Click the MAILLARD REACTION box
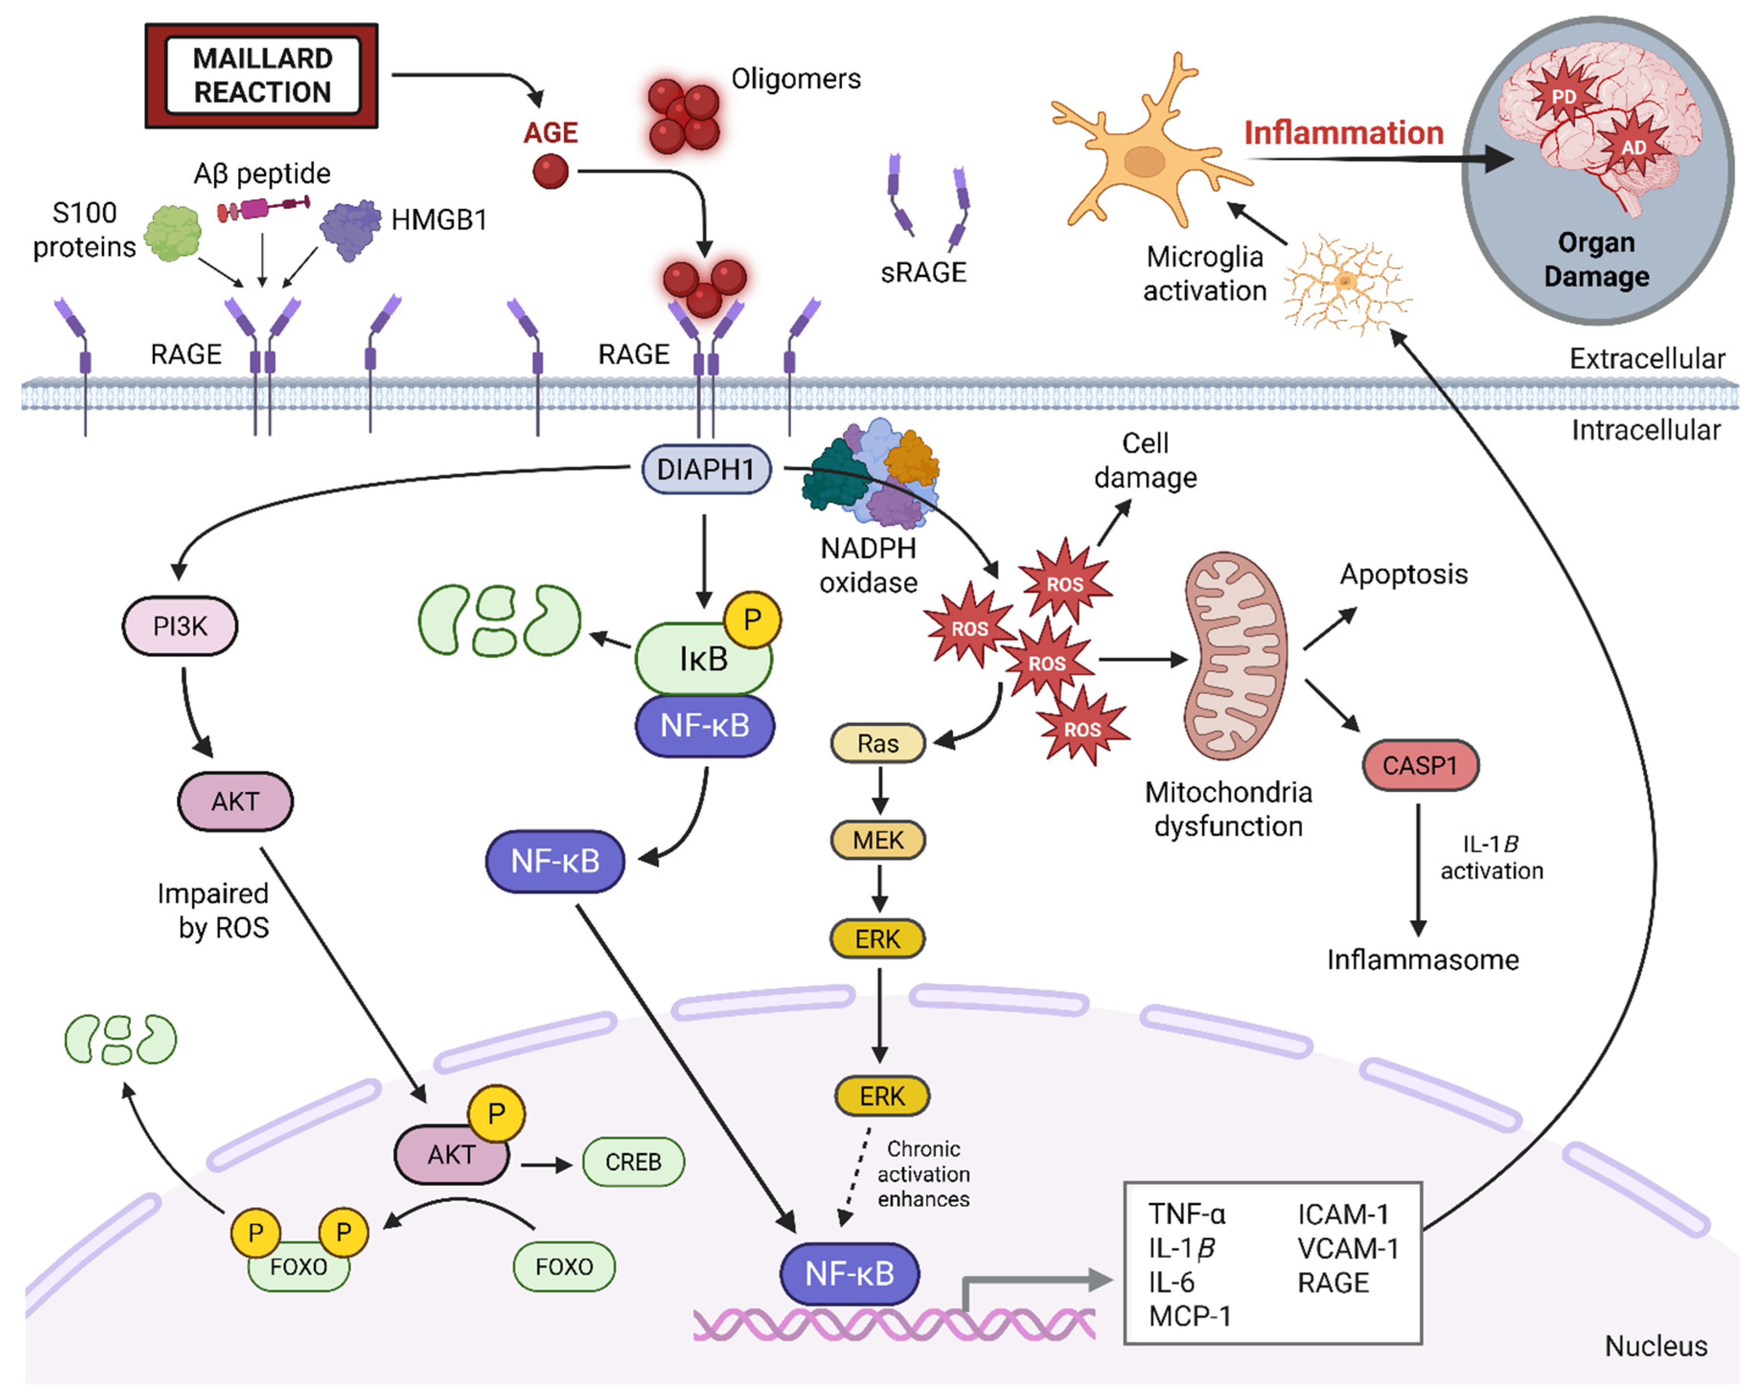click(262, 75)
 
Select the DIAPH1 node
click(705, 469)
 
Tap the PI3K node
click(180, 626)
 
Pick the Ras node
click(878, 744)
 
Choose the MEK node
click(878, 840)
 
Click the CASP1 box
click(1420, 766)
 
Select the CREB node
click(633, 1161)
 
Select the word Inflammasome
click(1422, 960)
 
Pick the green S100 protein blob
click(172, 233)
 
